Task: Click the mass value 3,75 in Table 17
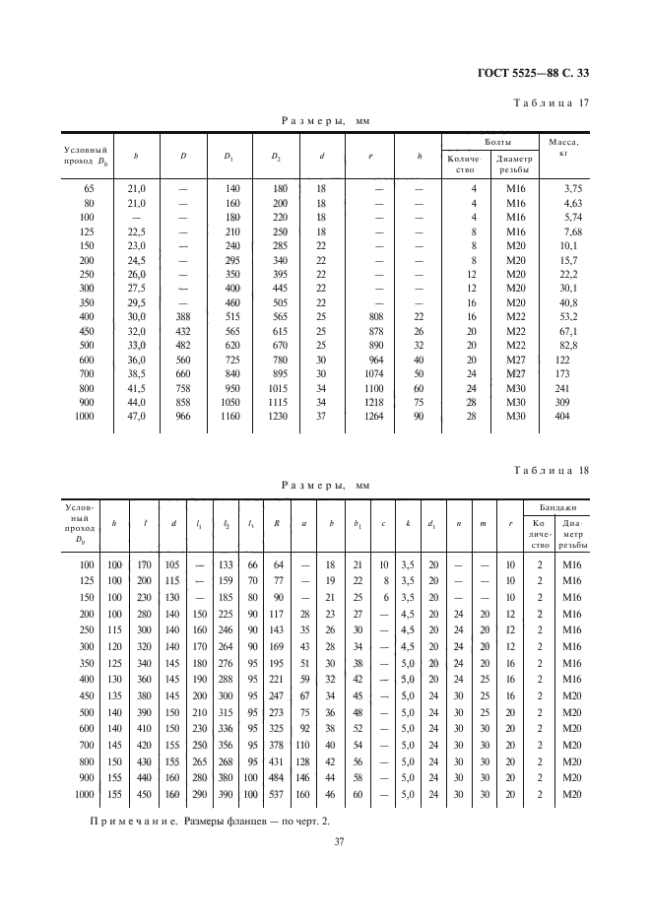point(573,188)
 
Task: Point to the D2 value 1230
point(278,417)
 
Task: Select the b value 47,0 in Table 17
point(137,417)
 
